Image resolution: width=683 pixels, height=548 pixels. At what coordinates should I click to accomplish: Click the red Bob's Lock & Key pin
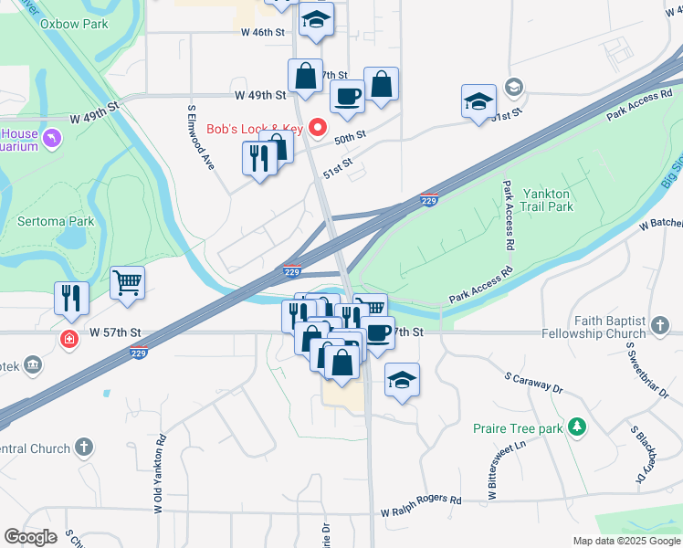point(318,129)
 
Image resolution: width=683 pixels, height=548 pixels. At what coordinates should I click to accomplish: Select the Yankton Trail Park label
point(546,200)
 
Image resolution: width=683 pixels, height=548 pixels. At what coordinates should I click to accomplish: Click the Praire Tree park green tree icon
point(576,427)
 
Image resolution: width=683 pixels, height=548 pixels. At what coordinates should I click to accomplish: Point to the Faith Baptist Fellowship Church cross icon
point(659,322)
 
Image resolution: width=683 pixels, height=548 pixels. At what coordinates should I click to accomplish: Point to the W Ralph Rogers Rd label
point(421,501)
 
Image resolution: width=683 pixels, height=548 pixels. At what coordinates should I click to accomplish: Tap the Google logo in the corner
point(31,536)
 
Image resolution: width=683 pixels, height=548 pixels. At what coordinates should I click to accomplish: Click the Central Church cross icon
point(83,448)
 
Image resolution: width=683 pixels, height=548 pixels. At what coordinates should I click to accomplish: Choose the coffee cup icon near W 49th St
point(346,96)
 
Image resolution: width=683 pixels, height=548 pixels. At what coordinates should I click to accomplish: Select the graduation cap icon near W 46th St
point(316,20)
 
